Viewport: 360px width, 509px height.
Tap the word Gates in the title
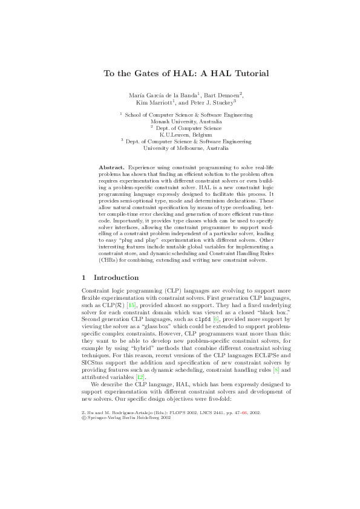(x=132, y=74)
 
